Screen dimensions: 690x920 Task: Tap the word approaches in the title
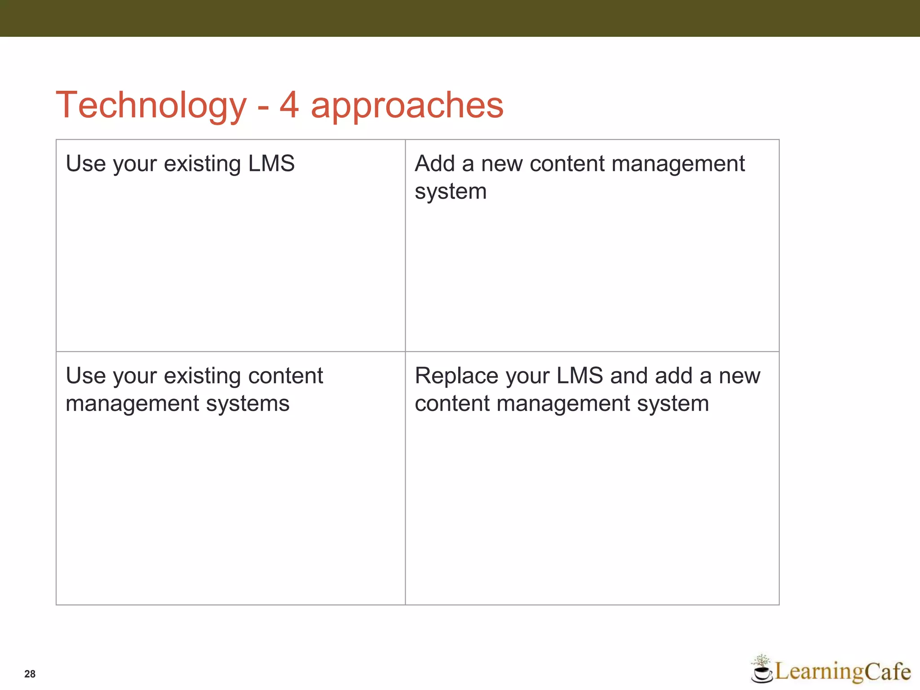[x=407, y=106]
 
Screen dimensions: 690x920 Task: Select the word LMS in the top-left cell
[x=271, y=163]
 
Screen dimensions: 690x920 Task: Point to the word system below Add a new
[x=451, y=192]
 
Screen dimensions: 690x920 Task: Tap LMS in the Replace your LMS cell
[x=579, y=376]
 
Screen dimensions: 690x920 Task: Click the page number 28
[x=30, y=674]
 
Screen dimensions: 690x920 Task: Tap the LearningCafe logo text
[x=842, y=672]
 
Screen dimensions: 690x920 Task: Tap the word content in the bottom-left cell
[x=285, y=376]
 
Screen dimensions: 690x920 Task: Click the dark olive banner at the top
[x=460, y=18]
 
